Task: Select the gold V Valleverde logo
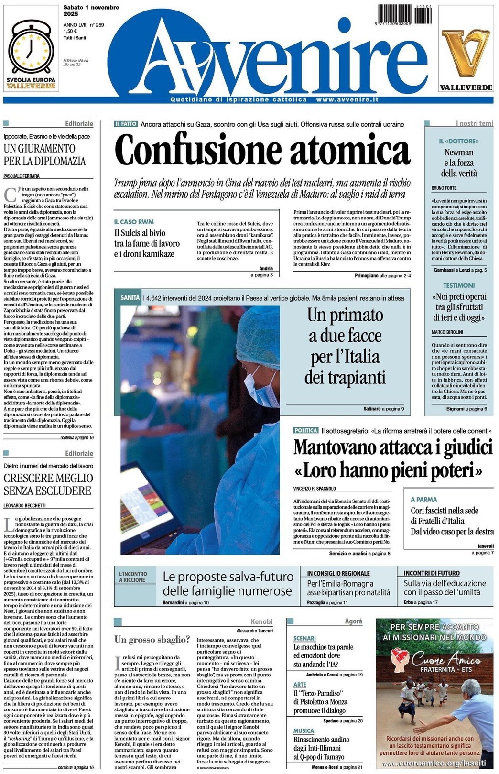pyautogui.click(x=466, y=53)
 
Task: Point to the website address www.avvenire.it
pyautogui.click(x=347, y=99)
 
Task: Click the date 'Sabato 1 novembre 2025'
pyautogui.click(x=91, y=11)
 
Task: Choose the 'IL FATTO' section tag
pyautogui.click(x=126, y=124)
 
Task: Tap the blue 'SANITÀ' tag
pyautogui.click(x=130, y=297)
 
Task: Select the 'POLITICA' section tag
pyautogui.click(x=305, y=430)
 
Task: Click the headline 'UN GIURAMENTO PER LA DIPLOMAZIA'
pyautogui.click(x=45, y=154)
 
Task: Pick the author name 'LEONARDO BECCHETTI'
pyautogui.click(x=25, y=505)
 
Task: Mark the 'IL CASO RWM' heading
pyautogui.click(x=134, y=222)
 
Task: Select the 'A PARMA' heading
pyautogui.click(x=423, y=499)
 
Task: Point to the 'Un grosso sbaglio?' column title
pyautogui.click(x=152, y=639)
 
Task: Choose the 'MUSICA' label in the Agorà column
pyautogui.click(x=304, y=730)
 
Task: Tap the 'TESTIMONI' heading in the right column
pyautogui.click(x=459, y=285)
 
